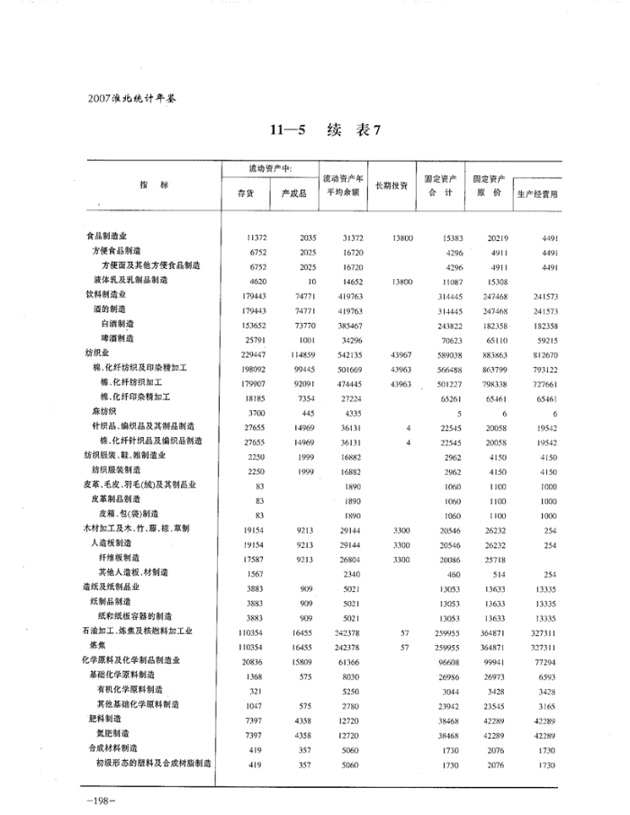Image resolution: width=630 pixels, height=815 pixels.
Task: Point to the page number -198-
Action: [x=93, y=798]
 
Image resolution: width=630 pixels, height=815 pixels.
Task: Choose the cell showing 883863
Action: [x=491, y=354]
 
